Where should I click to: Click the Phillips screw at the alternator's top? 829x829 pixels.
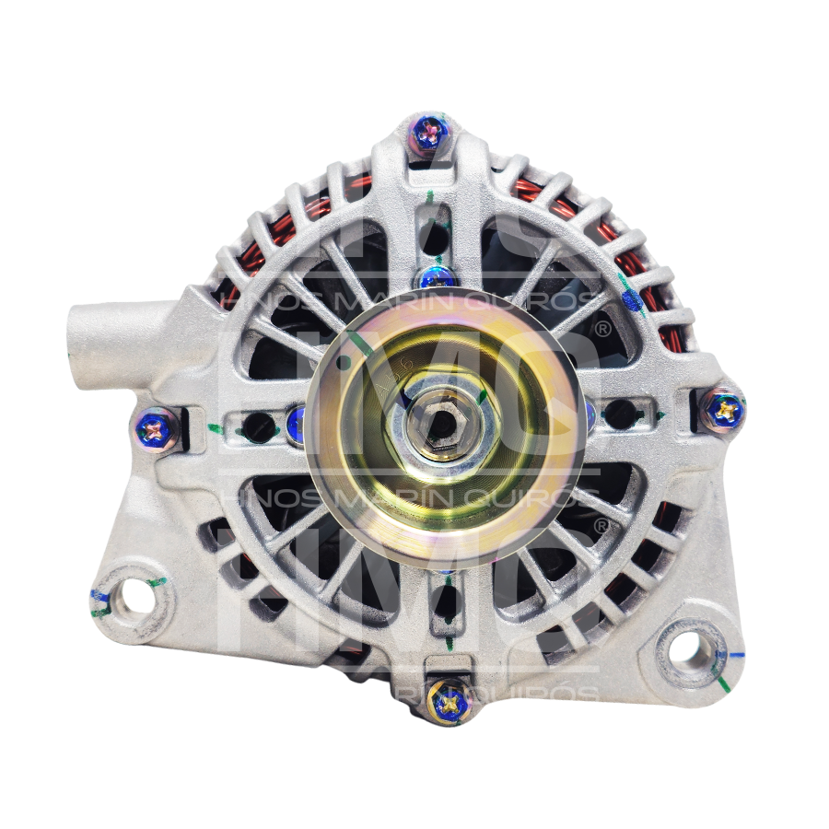click(x=428, y=134)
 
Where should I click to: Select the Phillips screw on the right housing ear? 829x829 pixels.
click(x=724, y=409)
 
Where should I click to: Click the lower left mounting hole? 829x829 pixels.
click(x=136, y=599)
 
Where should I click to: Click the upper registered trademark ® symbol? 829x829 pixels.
click(x=602, y=328)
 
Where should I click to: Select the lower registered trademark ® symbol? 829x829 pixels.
click(x=601, y=526)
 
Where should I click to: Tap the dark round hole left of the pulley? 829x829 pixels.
click(x=259, y=426)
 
